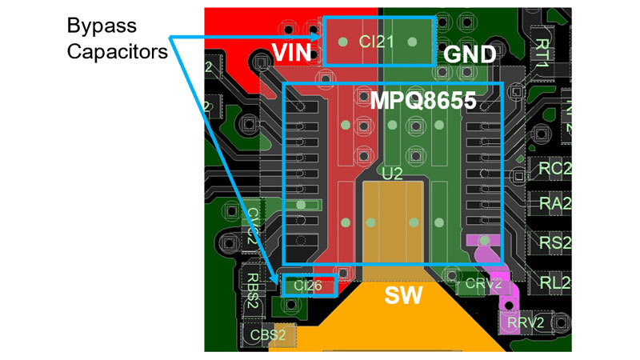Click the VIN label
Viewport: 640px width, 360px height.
[x=292, y=53]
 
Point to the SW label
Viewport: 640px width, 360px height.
[x=404, y=297]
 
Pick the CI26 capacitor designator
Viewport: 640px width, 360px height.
[x=307, y=285]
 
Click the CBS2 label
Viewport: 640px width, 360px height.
[x=267, y=335]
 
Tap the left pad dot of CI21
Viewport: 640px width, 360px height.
[x=344, y=42]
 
